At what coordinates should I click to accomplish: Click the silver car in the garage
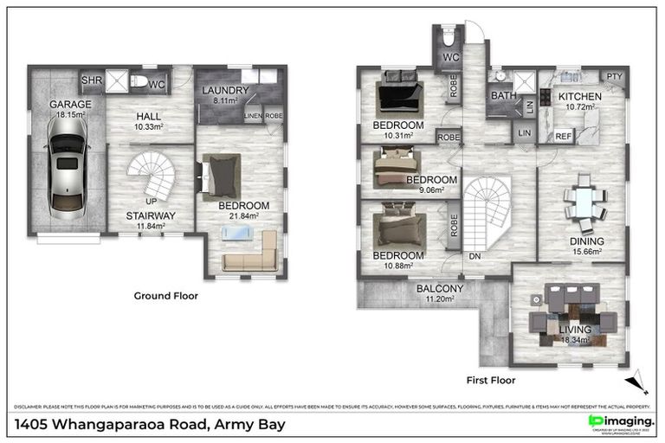coord(66,164)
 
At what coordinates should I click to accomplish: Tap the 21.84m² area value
coord(243,216)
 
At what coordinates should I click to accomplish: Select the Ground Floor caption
coord(165,295)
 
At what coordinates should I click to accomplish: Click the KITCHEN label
coord(579,96)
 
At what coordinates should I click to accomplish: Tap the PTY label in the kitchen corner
coord(613,76)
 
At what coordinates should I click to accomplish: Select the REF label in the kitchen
coord(563,136)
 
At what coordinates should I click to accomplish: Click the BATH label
coord(502,96)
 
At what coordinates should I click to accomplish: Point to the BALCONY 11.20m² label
coord(440,289)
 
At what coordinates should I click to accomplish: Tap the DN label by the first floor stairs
coord(475,257)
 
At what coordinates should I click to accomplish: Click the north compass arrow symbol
coord(637,378)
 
